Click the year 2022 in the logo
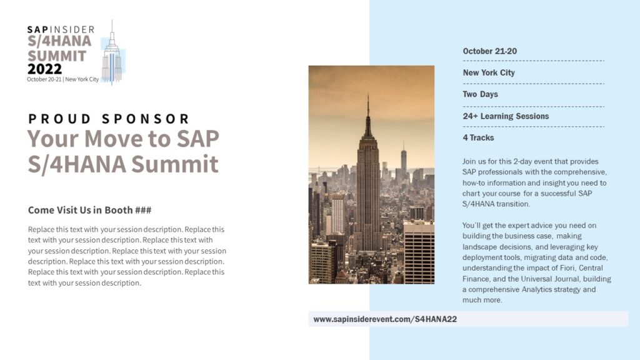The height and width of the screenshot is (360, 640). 44,69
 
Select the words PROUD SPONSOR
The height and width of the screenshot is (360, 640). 109,119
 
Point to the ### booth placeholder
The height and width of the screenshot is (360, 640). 143,210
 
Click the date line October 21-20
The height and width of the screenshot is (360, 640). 489,51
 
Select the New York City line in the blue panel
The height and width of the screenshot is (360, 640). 489,72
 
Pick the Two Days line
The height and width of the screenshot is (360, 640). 480,94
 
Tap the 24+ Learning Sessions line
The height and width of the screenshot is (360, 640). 506,116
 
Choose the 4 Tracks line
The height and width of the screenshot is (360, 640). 478,137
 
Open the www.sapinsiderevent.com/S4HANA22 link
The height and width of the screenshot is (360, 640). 385,319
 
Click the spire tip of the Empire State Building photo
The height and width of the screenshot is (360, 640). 367,97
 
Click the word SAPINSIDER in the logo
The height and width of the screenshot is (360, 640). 61,29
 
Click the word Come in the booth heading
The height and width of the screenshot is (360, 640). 42,210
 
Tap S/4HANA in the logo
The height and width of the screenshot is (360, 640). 59,41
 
